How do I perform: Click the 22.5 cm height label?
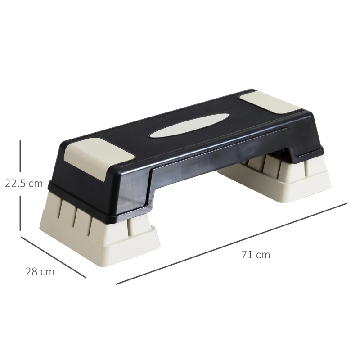tap(23, 183)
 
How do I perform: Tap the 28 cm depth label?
tap(40, 272)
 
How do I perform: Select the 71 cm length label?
tap(256, 255)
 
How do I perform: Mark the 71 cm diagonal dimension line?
tap(231, 244)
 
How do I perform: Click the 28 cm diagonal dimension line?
tap(53, 257)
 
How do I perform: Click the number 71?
tap(246, 255)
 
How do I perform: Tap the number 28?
tap(31, 272)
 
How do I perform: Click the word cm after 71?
tap(263, 255)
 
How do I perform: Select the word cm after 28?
tap(47, 272)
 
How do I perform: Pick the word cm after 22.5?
tap(36, 183)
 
